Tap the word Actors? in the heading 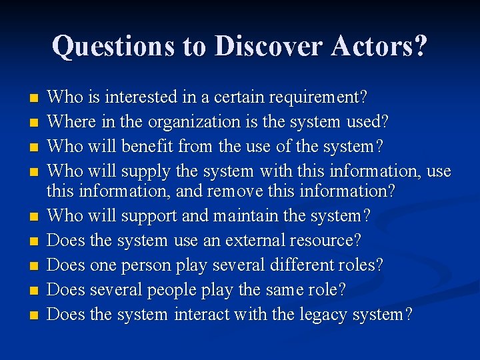[379, 46]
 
